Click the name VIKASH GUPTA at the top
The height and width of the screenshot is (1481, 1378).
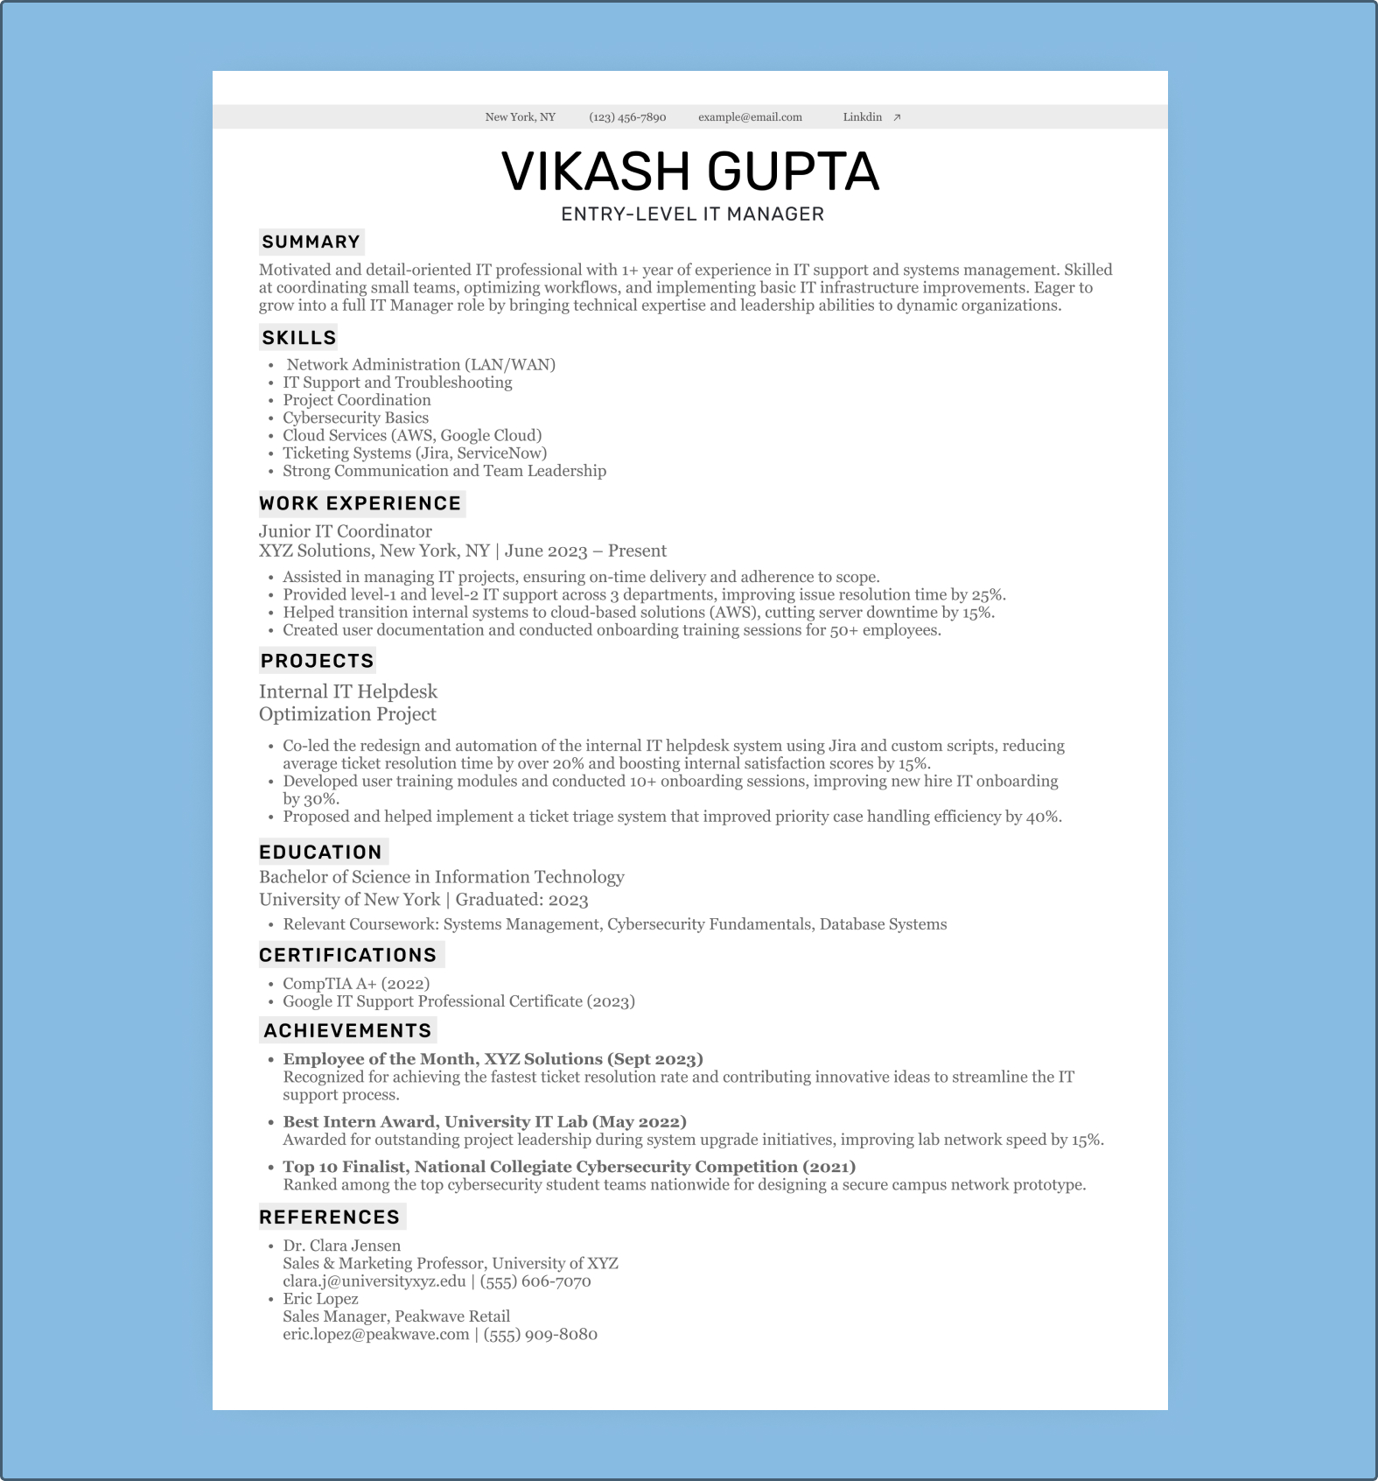point(689,171)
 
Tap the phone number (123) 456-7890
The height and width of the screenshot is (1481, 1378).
point(627,117)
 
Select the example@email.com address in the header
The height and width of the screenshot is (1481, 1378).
point(750,117)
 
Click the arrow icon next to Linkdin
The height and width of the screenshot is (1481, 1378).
point(897,117)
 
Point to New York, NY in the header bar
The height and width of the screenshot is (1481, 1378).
point(520,117)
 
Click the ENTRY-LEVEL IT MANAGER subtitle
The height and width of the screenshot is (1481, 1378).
point(692,214)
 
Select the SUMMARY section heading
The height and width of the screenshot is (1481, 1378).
point(311,242)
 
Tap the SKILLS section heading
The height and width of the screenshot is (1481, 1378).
point(298,338)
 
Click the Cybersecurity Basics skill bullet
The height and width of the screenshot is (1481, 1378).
point(355,418)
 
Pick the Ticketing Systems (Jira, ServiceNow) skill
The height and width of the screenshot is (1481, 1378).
point(414,453)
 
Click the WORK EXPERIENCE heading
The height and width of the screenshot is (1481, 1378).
point(360,503)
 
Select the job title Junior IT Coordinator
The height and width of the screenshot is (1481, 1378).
point(345,531)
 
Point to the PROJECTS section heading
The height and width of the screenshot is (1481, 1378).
point(317,661)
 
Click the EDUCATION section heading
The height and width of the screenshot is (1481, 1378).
point(320,853)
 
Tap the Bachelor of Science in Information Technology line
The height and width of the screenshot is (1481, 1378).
point(441,877)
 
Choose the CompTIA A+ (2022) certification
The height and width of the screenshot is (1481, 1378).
point(355,984)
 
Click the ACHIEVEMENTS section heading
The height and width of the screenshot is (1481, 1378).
point(347,1031)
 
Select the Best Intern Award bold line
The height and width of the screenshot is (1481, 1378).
point(484,1122)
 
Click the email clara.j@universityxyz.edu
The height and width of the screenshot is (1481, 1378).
point(374,1281)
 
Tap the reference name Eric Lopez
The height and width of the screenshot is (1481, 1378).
point(320,1299)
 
